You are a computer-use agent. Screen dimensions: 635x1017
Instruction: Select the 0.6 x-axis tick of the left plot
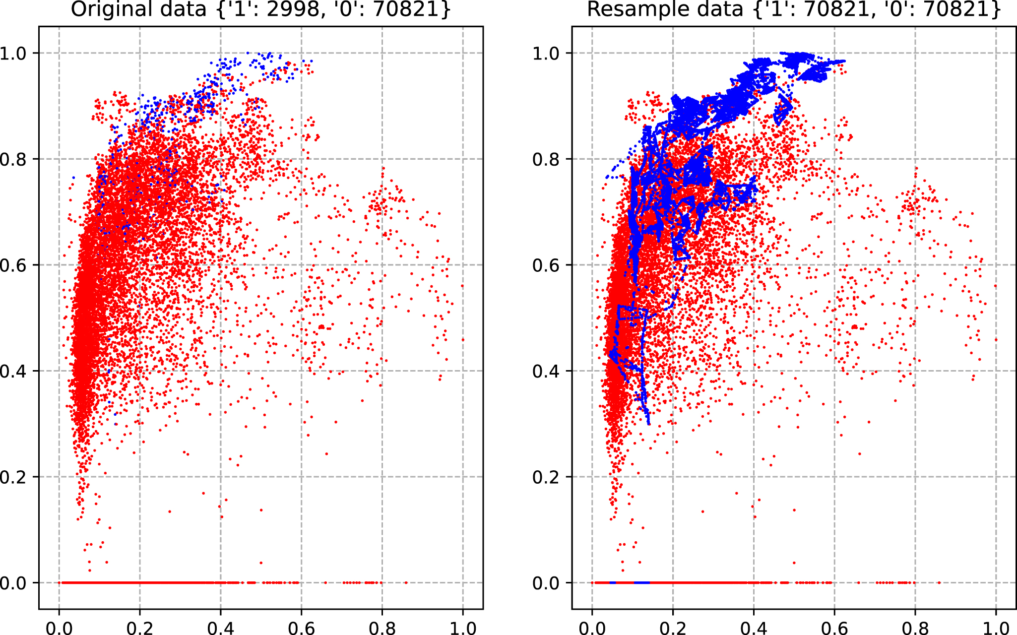[x=301, y=628]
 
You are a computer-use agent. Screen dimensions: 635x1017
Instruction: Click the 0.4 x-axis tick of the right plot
[x=754, y=628]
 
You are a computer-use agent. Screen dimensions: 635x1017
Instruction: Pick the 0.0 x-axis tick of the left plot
[x=59, y=628]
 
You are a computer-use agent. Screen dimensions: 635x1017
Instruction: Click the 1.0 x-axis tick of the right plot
[x=996, y=628]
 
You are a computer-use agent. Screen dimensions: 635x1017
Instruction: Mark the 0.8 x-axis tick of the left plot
[x=382, y=628]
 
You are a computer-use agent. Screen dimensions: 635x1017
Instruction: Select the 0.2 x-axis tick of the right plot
[x=673, y=628]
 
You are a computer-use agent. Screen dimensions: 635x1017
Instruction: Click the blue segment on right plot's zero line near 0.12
[x=641, y=582]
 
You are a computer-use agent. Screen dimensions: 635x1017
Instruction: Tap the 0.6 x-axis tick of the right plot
[x=834, y=628]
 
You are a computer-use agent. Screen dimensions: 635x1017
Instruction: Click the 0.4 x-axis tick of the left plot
[x=221, y=628]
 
